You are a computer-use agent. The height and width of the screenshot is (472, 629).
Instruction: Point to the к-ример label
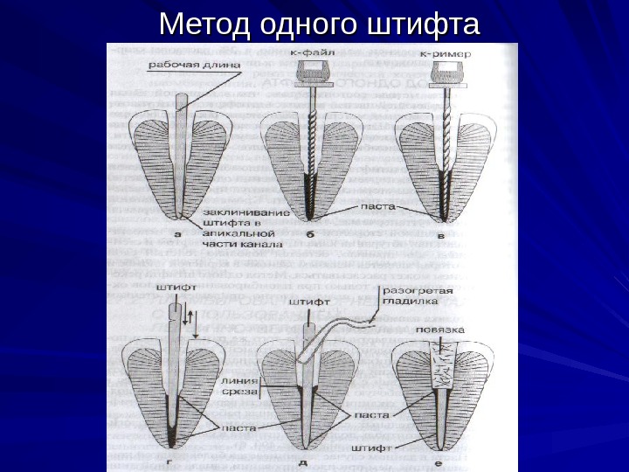coord(446,53)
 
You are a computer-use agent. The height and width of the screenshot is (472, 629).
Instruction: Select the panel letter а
coord(178,234)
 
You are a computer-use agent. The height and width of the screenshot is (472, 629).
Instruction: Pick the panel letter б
coord(310,234)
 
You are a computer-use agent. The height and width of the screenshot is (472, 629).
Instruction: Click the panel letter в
coord(440,234)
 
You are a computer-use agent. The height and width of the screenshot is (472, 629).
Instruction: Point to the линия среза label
coord(239,386)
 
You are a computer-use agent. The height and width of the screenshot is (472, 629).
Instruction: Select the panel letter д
coord(303,462)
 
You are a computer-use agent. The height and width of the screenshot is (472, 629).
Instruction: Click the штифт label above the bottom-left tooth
coord(176,285)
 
